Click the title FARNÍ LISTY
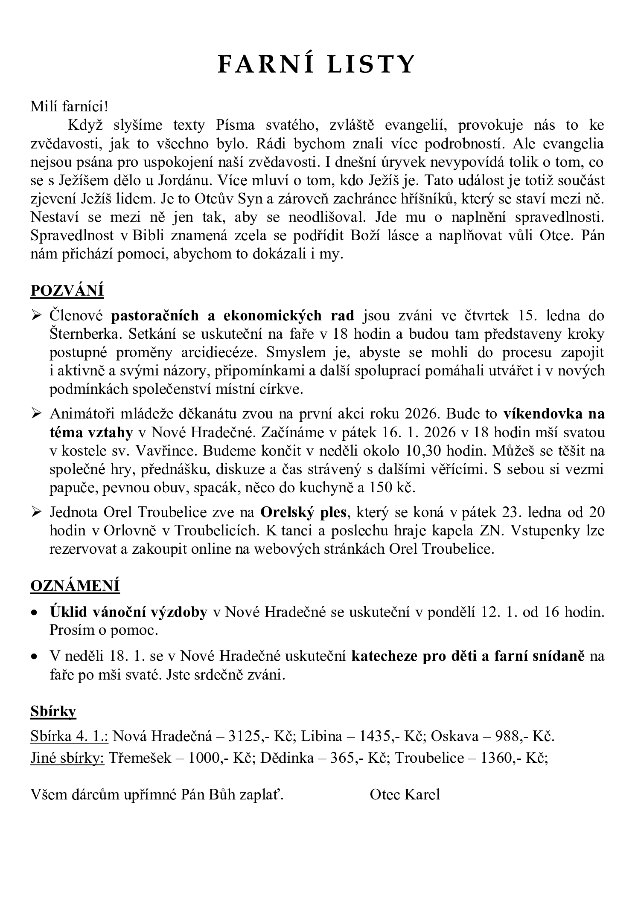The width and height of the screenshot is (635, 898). [x=316, y=65]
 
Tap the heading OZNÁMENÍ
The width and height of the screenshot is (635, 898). [x=75, y=585]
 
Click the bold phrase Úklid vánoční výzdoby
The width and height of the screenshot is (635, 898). [x=128, y=612]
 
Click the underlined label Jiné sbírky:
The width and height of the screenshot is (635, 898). [x=67, y=757]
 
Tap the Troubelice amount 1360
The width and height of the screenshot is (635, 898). [x=496, y=757]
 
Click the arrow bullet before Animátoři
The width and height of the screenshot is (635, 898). [x=36, y=414]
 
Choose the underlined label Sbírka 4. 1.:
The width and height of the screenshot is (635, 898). [x=69, y=736]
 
